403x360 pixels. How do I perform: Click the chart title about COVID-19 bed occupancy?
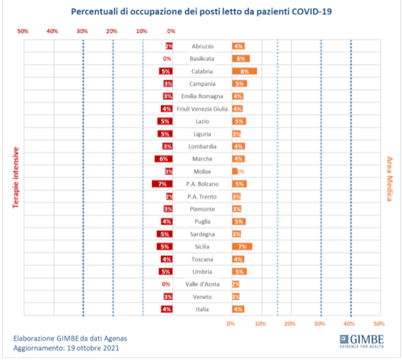pos(201,12)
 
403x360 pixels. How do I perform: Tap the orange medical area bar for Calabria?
pos(244,71)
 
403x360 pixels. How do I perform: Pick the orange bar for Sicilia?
pos(242,246)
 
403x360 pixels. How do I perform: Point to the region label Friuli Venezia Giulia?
pos(202,109)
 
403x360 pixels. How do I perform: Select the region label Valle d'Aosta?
pos(202,284)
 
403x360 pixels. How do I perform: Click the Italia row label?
pos(202,309)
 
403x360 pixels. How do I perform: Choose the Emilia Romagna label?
pos(202,96)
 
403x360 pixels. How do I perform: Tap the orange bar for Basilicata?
pos(240,58)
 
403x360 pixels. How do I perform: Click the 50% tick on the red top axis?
pos(23,31)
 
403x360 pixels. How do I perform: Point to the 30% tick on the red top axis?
pos(82,31)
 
